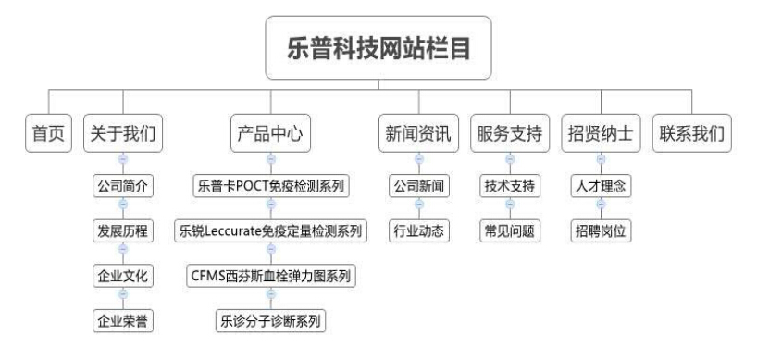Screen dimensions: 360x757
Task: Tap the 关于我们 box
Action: [121, 133]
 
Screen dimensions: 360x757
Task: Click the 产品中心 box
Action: [269, 133]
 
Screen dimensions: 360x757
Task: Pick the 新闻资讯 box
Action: [417, 133]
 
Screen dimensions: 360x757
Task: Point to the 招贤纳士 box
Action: [600, 133]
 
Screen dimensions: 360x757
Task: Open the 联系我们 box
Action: [691, 133]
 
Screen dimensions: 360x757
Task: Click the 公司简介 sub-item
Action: [123, 186]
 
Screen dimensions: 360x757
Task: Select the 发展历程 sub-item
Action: [123, 230]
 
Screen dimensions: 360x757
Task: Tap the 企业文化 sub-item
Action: [123, 276]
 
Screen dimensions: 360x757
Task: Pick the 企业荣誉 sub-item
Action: [123, 321]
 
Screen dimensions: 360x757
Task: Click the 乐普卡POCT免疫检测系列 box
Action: [270, 186]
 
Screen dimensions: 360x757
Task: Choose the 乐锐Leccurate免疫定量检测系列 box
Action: [270, 230]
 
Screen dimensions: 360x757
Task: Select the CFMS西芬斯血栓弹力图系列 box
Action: [270, 276]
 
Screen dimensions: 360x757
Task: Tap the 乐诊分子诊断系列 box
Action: [270, 321]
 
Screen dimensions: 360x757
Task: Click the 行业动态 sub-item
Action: [418, 230]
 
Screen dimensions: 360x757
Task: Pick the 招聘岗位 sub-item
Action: [600, 230]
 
